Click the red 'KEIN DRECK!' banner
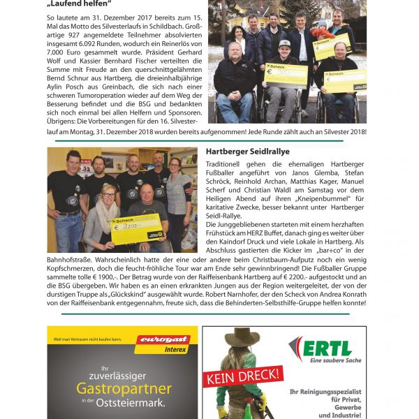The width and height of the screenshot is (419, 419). (x=243, y=378)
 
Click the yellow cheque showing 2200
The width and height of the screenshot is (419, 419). (x=137, y=228)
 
